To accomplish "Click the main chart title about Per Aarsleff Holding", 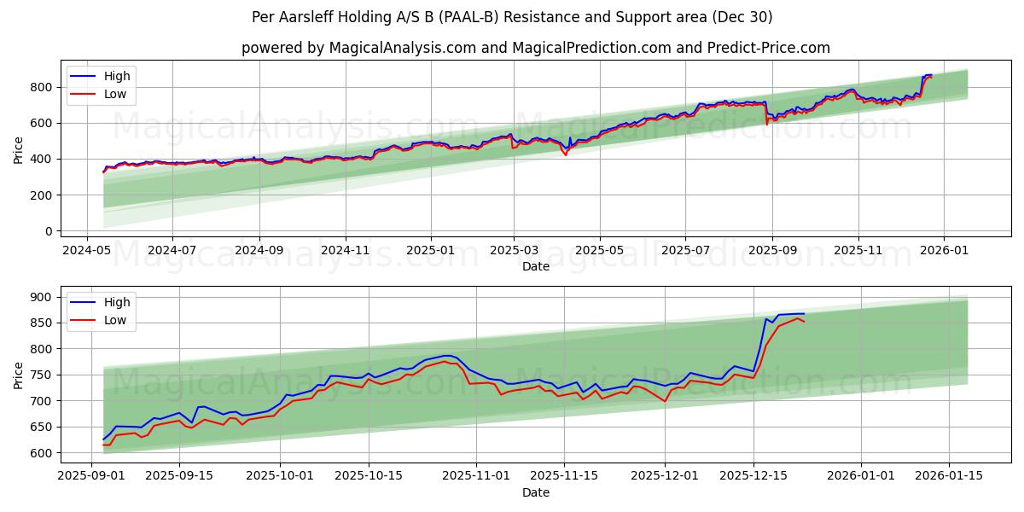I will coord(512,17).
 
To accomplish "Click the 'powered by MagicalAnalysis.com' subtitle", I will coord(535,48).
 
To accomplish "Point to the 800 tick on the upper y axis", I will coord(41,87).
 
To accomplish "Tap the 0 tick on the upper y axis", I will coord(48,231).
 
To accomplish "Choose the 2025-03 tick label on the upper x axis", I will coord(514,251).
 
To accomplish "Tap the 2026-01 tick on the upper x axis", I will coord(945,251).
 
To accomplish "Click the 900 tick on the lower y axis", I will coord(41,297).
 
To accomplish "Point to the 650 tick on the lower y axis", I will coord(41,428).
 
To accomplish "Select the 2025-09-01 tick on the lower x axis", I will coord(92,476).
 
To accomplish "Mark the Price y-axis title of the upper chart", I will coord(19,150).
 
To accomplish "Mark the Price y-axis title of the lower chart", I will coord(19,375).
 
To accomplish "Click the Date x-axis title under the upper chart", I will coord(536,266).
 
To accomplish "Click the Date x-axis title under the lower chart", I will coord(536,492).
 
